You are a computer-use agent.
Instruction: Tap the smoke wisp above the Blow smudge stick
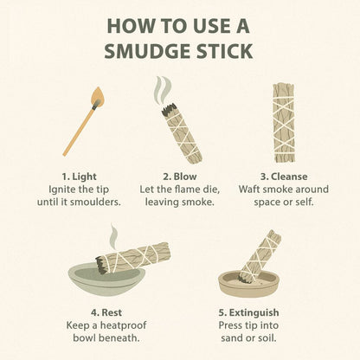tap(160, 90)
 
